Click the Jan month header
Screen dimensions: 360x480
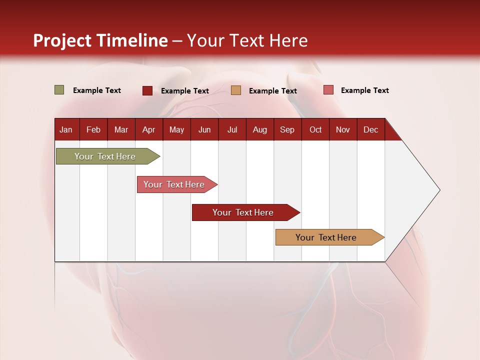(66, 129)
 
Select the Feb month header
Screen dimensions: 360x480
(93, 129)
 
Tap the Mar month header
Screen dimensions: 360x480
(121, 129)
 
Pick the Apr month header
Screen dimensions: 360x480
(149, 129)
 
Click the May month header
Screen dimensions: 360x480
(176, 129)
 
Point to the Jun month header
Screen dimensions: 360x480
(204, 129)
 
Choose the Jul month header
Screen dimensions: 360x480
(232, 129)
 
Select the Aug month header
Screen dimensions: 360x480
(260, 129)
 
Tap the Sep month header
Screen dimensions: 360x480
(287, 129)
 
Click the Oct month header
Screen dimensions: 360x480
(315, 129)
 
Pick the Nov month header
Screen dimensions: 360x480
(343, 129)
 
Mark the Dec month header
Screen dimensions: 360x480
(371, 129)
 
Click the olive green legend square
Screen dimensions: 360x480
(59, 90)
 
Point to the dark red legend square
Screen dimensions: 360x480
(147, 90)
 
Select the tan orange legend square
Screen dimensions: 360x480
(236, 90)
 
